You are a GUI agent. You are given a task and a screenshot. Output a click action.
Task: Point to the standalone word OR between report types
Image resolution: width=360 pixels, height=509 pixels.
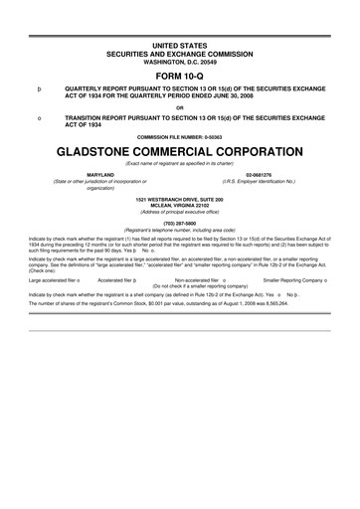coord(180,108)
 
